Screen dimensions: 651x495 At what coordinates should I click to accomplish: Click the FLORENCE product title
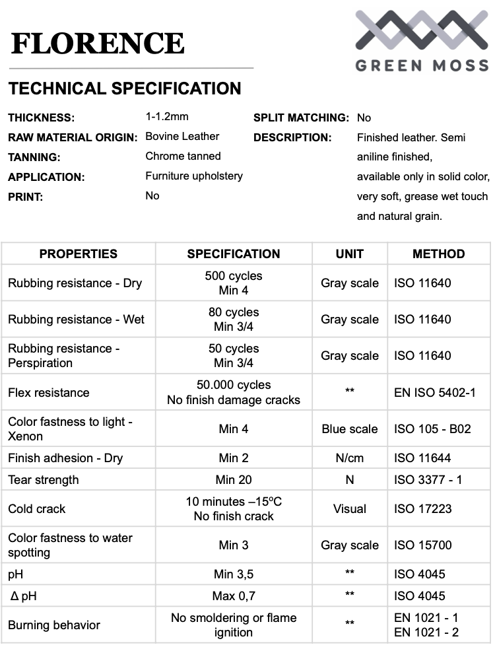98,44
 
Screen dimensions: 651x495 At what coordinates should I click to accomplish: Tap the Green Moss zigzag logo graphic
422,32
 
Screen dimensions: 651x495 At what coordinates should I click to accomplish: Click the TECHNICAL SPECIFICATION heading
125,88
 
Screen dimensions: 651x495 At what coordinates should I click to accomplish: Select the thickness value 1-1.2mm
167,117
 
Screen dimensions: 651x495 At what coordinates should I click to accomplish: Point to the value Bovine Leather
182,137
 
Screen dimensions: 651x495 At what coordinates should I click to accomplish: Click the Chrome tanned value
183,156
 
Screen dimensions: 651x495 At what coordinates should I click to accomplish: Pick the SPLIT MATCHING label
301,118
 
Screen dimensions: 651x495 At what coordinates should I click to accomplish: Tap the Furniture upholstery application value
194,176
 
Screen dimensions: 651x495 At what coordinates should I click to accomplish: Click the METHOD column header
438,254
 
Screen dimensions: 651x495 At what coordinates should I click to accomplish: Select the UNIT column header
350,254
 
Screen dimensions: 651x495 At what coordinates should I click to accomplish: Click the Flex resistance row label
48,393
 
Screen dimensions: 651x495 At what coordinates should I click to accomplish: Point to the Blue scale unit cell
350,429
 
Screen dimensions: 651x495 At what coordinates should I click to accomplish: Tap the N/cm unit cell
350,458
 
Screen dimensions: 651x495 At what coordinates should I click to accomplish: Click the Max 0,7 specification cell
234,596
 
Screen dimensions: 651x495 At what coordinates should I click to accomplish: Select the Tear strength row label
43,480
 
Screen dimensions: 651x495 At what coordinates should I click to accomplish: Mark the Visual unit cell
350,509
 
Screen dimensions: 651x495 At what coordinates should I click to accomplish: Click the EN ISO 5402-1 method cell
435,393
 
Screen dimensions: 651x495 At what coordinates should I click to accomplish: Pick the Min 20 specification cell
234,480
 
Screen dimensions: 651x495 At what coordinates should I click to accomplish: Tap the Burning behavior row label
54,625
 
